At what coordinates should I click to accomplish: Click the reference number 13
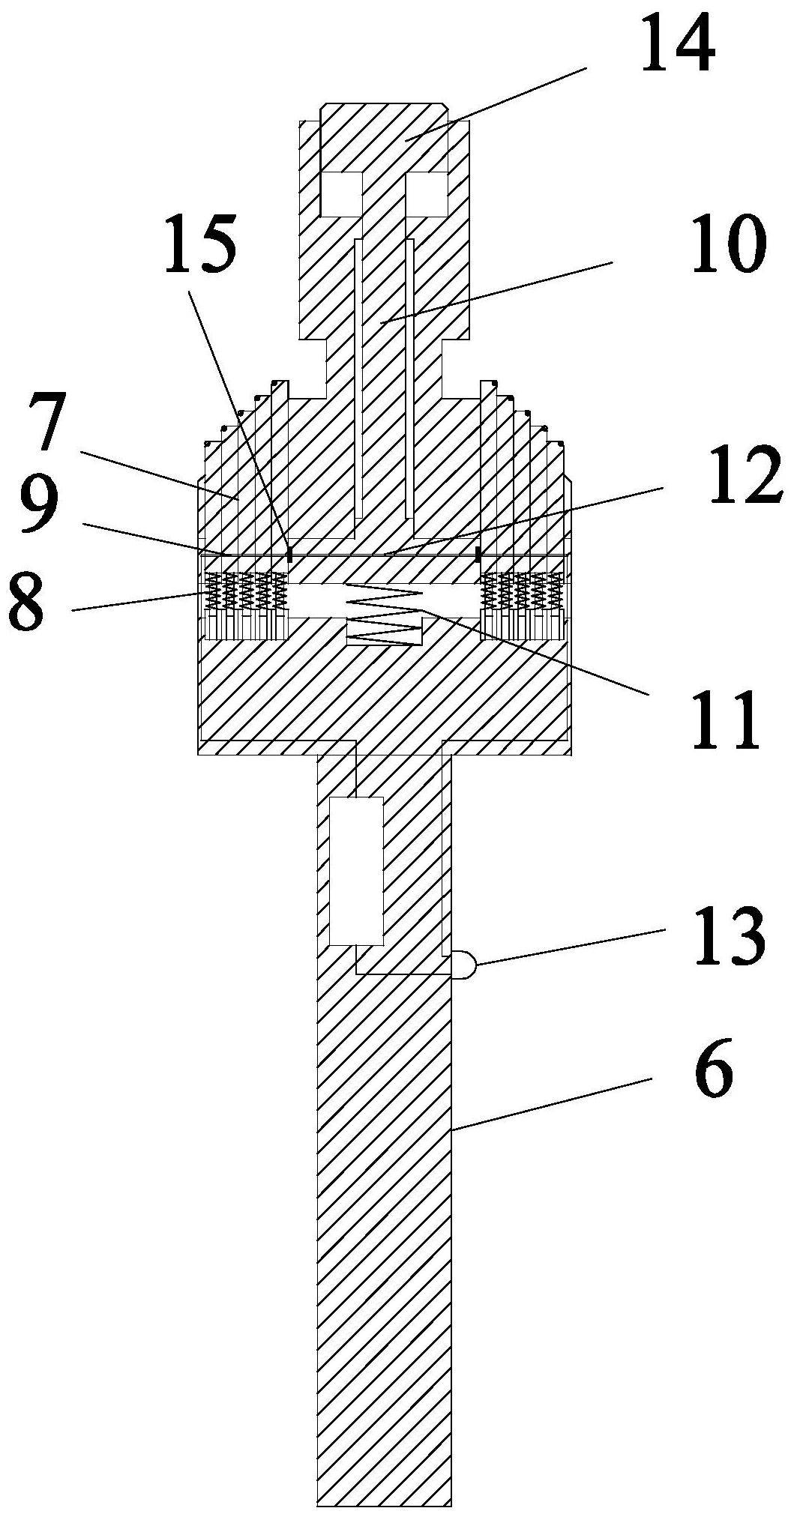tap(728, 938)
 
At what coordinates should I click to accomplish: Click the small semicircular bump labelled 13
tap(463, 964)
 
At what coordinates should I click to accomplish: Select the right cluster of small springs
tap(523, 592)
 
